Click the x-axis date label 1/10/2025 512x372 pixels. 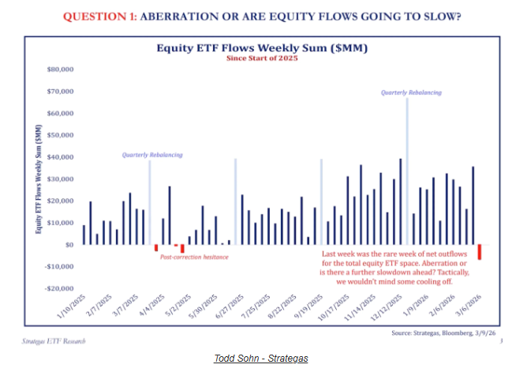click(x=72, y=310)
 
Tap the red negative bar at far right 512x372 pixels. click(x=479, y=252)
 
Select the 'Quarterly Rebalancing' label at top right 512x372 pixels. click(x=407, y=92)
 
